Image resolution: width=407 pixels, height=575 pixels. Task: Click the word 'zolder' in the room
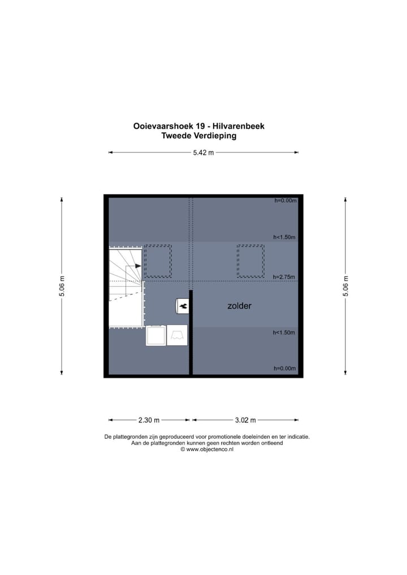[x=239, y=306]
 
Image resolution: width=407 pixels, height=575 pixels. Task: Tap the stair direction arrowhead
[x=138, y=266]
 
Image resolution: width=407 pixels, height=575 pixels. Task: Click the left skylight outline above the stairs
[x=158, y=261]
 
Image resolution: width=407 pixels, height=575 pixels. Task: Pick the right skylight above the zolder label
[x=250, y=261]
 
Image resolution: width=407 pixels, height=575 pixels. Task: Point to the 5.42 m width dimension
[x=203, y=153]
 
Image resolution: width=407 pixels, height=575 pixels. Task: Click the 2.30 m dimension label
[x=149, y=420]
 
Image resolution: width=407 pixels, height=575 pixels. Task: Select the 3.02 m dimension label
[x=245, y=420]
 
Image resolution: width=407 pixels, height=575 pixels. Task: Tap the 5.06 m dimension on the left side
[x=62, y=286]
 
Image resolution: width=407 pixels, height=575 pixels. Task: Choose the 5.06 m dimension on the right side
[x=345, y=286]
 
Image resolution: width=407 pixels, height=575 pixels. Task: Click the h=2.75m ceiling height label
[x=284, y=277]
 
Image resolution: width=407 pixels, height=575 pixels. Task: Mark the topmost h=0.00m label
[x=285, y=201]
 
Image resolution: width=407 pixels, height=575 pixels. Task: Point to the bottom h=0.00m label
[x=284, y=368]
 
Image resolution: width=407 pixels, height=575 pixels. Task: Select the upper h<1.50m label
[x=284, y=238]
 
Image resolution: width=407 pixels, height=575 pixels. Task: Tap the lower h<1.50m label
[x=284, y=333]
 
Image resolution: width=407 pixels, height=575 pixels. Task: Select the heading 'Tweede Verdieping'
[x=198, y=136]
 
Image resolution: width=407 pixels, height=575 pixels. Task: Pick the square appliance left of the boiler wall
[x=155, y=336]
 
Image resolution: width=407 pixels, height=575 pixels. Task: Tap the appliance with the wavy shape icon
[x=177, y=336]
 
